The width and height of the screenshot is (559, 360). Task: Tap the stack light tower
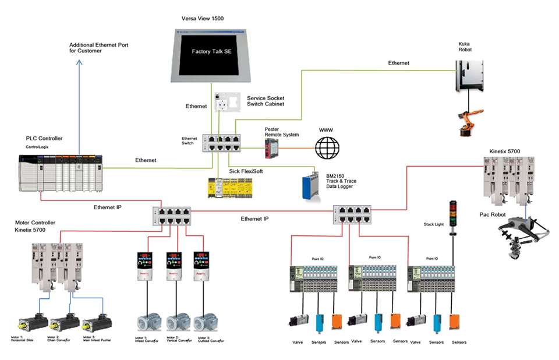pyautogui.click(x=451, y=212)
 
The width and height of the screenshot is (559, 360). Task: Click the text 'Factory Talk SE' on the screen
pyautogui.click(x=212, y=52)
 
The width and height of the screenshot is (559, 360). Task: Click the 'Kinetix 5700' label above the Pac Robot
pyautogui.click(x=505, y=151)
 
